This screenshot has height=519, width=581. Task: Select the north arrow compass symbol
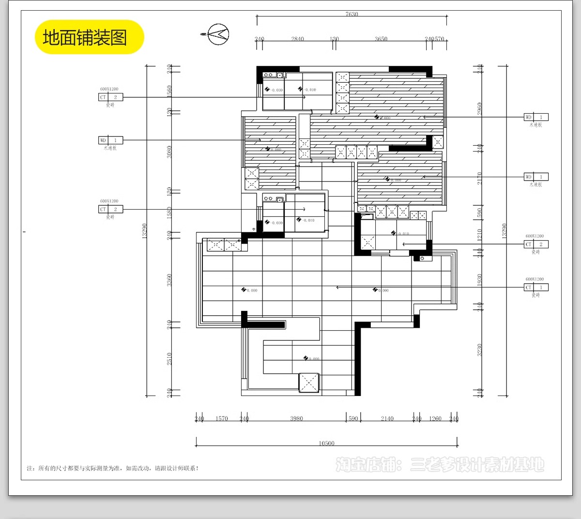click(217, 34)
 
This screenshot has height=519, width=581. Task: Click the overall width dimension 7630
click(352, 14)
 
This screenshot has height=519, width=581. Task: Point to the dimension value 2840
click(297, 39)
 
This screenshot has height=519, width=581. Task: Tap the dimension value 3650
click(381, 39)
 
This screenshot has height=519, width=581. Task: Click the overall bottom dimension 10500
click(326, 443)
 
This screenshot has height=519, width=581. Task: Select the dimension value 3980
click(296, 418)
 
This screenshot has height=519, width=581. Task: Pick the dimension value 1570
click(221, 418)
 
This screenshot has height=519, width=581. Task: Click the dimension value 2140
click(387, 418)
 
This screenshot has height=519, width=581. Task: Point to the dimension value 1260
click(435, 418)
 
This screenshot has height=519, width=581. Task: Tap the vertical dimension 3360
click(169, 280)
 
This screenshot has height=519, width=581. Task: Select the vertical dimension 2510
click(169, 358)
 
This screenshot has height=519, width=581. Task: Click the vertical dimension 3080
click(169, 152)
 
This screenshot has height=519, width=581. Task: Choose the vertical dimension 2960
click(479, 108)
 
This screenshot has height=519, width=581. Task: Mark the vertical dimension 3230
click(479, 350)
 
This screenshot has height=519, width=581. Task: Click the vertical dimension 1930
click(479, 280)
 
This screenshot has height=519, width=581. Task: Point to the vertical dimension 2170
click(479, 178)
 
